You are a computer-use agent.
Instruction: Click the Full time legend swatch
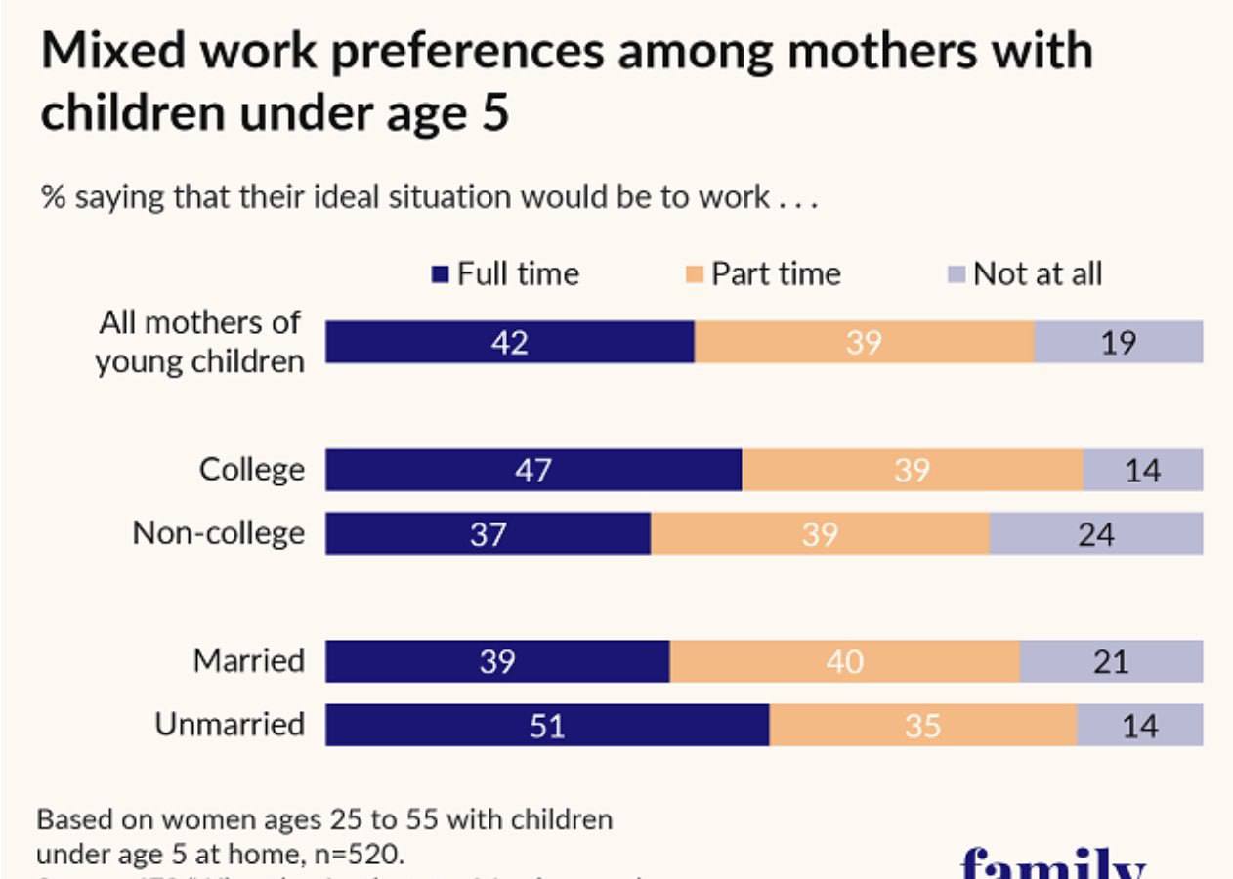click(442, 274)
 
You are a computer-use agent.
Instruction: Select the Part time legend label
click(776, 273)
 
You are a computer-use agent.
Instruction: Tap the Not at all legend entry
click(1037, 273)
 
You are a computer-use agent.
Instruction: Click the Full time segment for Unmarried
click(547, 725)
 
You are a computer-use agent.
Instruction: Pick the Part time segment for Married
click(845, 661)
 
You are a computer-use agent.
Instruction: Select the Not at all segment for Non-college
click(1096, 533)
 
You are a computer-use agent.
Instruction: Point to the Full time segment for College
click(533, 470)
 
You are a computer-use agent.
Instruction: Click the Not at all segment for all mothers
click(1119, 342)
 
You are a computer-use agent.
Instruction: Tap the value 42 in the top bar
click(509, 342)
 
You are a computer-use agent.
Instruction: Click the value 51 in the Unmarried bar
click(546, 726)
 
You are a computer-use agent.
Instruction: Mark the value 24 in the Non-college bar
click(1094, 534)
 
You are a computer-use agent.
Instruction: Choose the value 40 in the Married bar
click(844, 662)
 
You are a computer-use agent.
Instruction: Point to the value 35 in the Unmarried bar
click(921, 726)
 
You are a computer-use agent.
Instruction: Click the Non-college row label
click(218, 533)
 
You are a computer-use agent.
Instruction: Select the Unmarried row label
click(230, 725)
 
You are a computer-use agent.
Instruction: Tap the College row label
click(251, 470)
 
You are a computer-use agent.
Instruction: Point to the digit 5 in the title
click(494, 113)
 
